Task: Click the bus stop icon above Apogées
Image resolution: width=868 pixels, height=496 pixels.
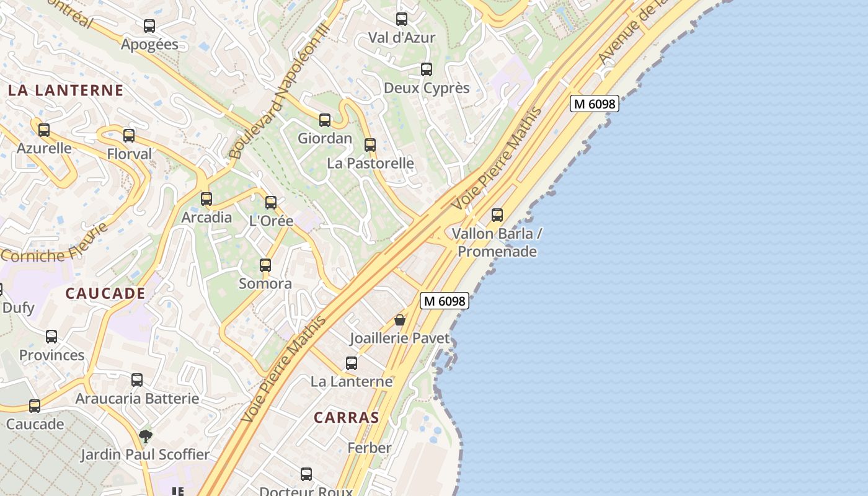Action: tap(149, 26)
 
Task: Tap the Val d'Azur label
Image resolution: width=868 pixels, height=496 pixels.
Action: tap(402, 37)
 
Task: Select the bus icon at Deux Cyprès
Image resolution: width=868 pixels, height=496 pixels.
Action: tap(427, 69)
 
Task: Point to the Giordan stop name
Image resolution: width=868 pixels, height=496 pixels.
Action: tap(325, 138)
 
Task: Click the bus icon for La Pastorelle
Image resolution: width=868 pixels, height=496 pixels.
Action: tap(370, 145)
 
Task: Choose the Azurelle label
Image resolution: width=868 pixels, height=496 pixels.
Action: tap(44, 148)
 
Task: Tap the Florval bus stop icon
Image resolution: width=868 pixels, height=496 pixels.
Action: tap(129, 136)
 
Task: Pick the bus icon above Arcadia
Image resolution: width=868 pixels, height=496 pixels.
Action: tap(206, 199)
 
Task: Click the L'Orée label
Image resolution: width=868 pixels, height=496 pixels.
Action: tap(271, 221)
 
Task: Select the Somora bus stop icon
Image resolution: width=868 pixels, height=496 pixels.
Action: tap(265, 265)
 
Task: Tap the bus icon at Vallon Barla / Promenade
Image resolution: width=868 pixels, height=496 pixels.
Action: tap(497, 215)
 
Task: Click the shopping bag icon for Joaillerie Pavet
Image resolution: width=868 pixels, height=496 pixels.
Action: tap(400, 320)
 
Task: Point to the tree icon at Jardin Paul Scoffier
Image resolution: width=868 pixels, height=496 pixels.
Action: tap(146, 436)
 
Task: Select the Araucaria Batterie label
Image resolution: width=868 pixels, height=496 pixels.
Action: tap(137, 399)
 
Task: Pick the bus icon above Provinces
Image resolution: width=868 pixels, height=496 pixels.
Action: tap(51, 337)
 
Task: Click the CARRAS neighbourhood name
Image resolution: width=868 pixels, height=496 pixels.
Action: tap(346, 417)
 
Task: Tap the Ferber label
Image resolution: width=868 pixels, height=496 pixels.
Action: tap(370, 448)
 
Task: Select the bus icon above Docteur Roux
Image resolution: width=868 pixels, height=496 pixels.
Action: tap(306, 474)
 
